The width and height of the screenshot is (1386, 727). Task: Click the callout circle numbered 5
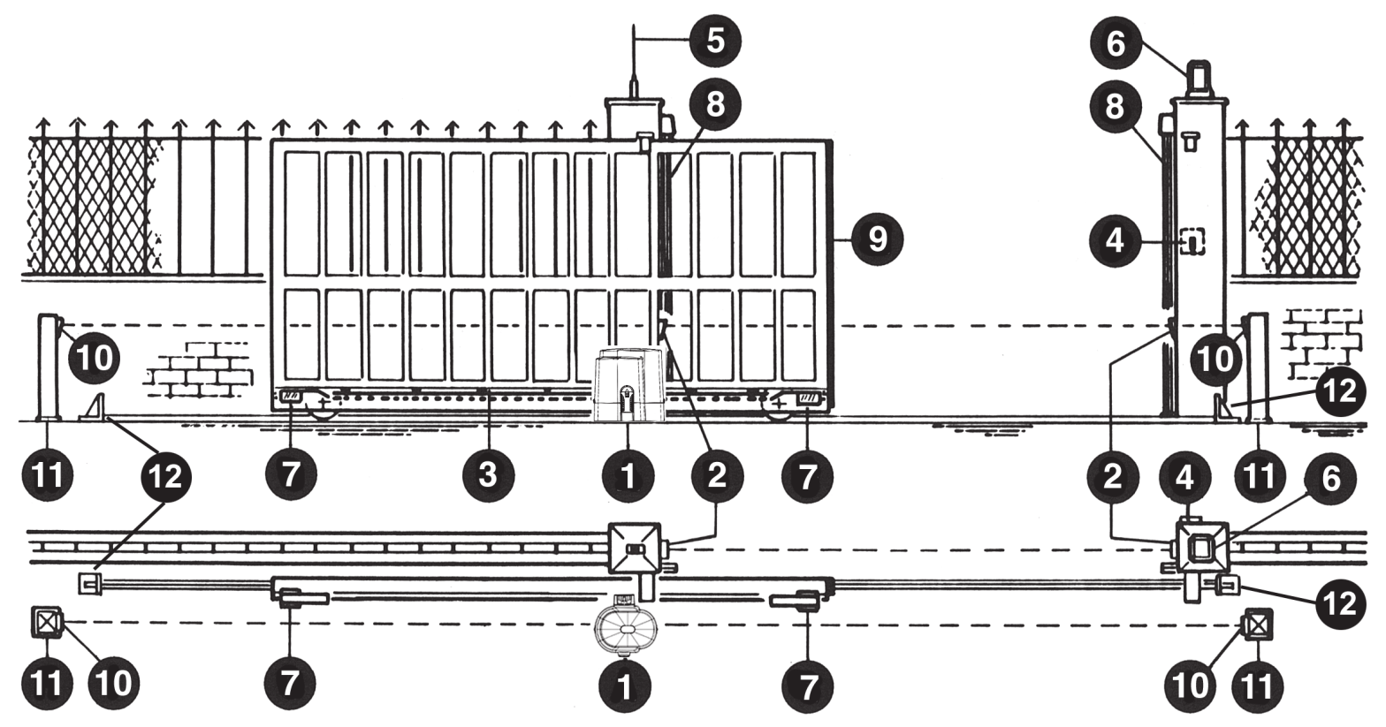pos(714,41)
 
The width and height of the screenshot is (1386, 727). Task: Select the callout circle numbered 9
pos(878,239)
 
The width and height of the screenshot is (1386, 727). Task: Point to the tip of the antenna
pos(635,25)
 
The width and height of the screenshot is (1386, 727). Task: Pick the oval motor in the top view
pos(626,625)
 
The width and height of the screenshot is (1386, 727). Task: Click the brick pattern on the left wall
pos(199,369)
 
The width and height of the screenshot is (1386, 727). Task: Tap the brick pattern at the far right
pos(1323,343)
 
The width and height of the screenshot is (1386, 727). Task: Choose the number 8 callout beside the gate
pos(714,104)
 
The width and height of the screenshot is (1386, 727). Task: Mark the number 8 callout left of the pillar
pos(1115,107)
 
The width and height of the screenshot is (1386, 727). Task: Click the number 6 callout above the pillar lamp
pos(1116,43)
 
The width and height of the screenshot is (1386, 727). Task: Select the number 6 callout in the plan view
pos(1330,479)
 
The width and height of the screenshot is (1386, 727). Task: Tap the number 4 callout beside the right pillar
pos(1115,240)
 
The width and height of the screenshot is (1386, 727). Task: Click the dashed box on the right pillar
pos(1192,242)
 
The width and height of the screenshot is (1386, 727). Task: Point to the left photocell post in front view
pos(49,367)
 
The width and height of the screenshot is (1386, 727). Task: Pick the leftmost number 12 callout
pos(165,477)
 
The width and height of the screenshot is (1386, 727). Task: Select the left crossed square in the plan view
pos(46,622)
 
